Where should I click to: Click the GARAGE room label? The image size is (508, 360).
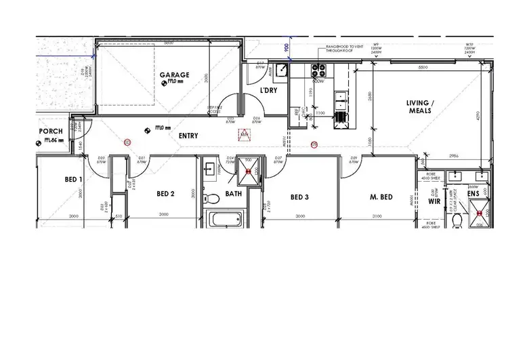click(x=174, y=75)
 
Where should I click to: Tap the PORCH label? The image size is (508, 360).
click(x=51, y=132)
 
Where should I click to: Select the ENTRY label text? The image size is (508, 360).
click(x=188, y=136)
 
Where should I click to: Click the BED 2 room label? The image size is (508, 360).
click(x=166, y=194)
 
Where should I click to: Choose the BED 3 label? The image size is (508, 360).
click(x=299, y=197)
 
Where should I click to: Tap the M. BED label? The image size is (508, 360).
click(x=381, y=197)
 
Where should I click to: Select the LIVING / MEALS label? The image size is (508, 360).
click(x=422, y=108)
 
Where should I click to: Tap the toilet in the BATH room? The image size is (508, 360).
click(x=212, y=199)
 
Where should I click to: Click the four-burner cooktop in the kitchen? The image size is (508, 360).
click(x=318, y=69)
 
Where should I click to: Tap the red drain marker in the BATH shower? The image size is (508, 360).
click(x=249, y=172)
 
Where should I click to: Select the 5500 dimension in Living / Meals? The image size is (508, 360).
click(x=423, y=68)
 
